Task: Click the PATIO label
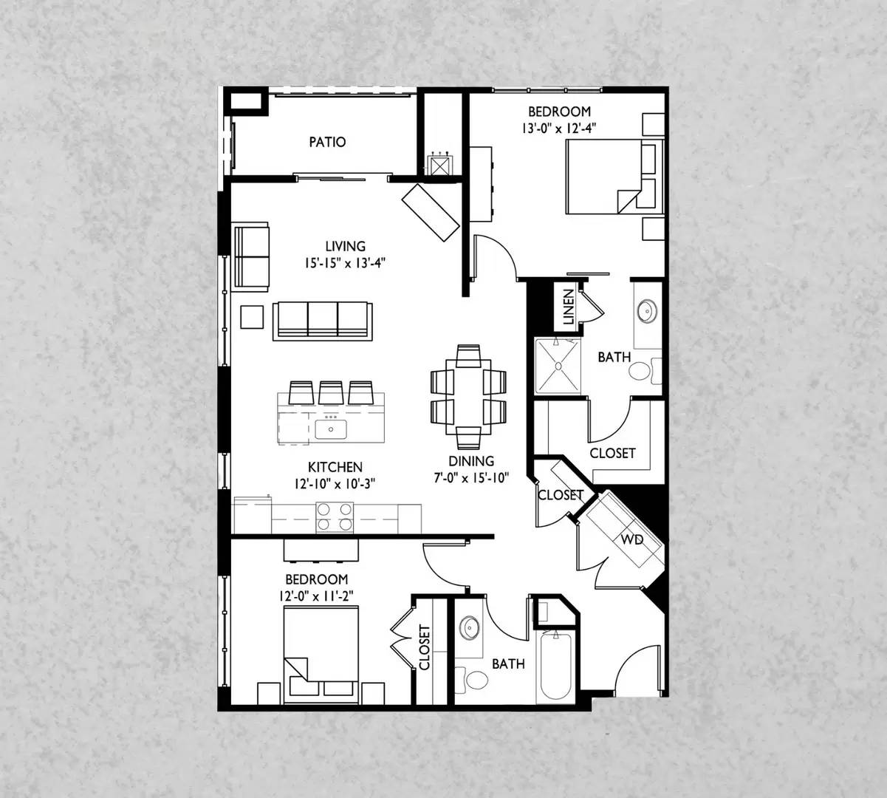327,142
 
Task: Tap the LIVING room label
346,246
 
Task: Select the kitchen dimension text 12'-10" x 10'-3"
335,484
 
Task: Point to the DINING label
471,461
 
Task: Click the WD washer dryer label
632,539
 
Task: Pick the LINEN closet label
569,307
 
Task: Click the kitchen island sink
331,429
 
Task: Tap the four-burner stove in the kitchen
335,517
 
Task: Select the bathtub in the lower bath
555,667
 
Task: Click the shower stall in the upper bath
558,366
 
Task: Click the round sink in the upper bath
647,310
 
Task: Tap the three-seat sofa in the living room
323,321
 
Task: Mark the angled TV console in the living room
431,213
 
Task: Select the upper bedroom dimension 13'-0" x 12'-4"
559,129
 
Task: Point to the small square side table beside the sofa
252,317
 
